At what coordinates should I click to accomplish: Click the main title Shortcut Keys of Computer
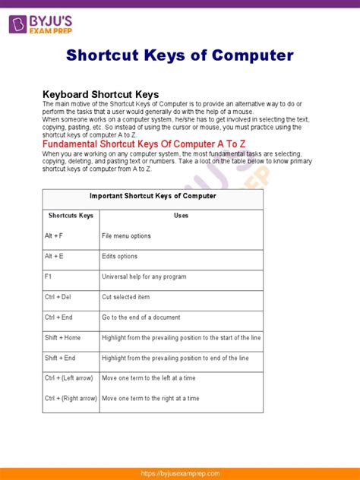coord(180,55)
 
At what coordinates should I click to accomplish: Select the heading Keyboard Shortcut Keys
coord(100,94)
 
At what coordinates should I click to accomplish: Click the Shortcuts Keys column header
coord(71,216)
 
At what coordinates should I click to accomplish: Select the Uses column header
coord(181,216)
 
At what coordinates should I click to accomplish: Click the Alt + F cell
coord(54,236)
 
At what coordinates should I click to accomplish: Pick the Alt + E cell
coord(54,257)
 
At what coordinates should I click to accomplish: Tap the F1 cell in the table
coord(48,277)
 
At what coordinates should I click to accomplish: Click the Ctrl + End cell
coord(58,317)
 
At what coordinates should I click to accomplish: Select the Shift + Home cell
coord(62,337)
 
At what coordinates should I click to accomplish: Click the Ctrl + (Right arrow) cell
coord(71,398)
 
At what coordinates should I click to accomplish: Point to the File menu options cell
coord(126,236)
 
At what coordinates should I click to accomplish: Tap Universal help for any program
coord(144,277)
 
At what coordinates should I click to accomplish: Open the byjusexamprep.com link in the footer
coord(180,472)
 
